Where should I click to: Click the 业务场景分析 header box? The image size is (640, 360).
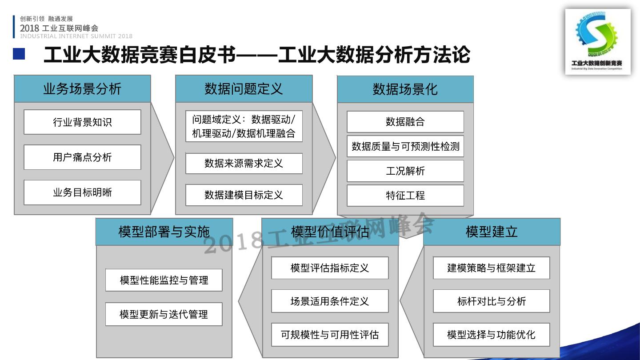pyautogui.click(x=82, y=89)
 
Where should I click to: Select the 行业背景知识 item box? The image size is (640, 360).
pyautogui.click(x=82, y=122)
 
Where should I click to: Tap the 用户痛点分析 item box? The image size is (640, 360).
pyautogui.click(x=82, y=157)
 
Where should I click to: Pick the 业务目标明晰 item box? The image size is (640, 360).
pyautogui.click(x=82, y=192)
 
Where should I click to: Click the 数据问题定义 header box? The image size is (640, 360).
pyautogui.click(x=244, y=89)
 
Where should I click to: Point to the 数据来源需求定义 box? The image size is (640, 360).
pyautogui.click(x=244, y=164)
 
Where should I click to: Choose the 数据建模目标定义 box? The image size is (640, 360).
pyautogui.click(x=244, y=195)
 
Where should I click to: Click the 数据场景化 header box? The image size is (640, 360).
pyautogui.click(x=405, y=89)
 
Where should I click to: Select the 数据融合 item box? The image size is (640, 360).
pyautogui.click(x=405, y=122)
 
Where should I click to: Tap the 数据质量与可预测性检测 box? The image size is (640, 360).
pyautogui.click(x=405, y=146)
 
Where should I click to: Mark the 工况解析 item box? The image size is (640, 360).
pyautogui.click(x=405, y=171)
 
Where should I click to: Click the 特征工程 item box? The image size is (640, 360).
pyautogui.click(x=405, y=196)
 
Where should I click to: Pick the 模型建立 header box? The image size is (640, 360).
pyautogui.click(x=492, y=232)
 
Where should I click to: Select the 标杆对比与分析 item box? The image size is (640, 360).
pyautogui.click(x=491, y=301)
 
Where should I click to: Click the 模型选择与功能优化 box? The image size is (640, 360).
pyautogui.click(x=491, y=335)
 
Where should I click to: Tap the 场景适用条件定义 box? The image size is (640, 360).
pyautogui.click(x=329, y=301)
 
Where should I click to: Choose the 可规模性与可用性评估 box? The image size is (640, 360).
pyautogui.click(x=329, y=335)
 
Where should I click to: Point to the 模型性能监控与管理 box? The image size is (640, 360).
pyautogui.click(x=164, y=280)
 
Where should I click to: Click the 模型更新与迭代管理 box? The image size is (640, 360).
pyautogui.click(x=164, y=314)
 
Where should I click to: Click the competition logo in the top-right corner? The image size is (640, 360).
pyautogui.click(x=597, y=41)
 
